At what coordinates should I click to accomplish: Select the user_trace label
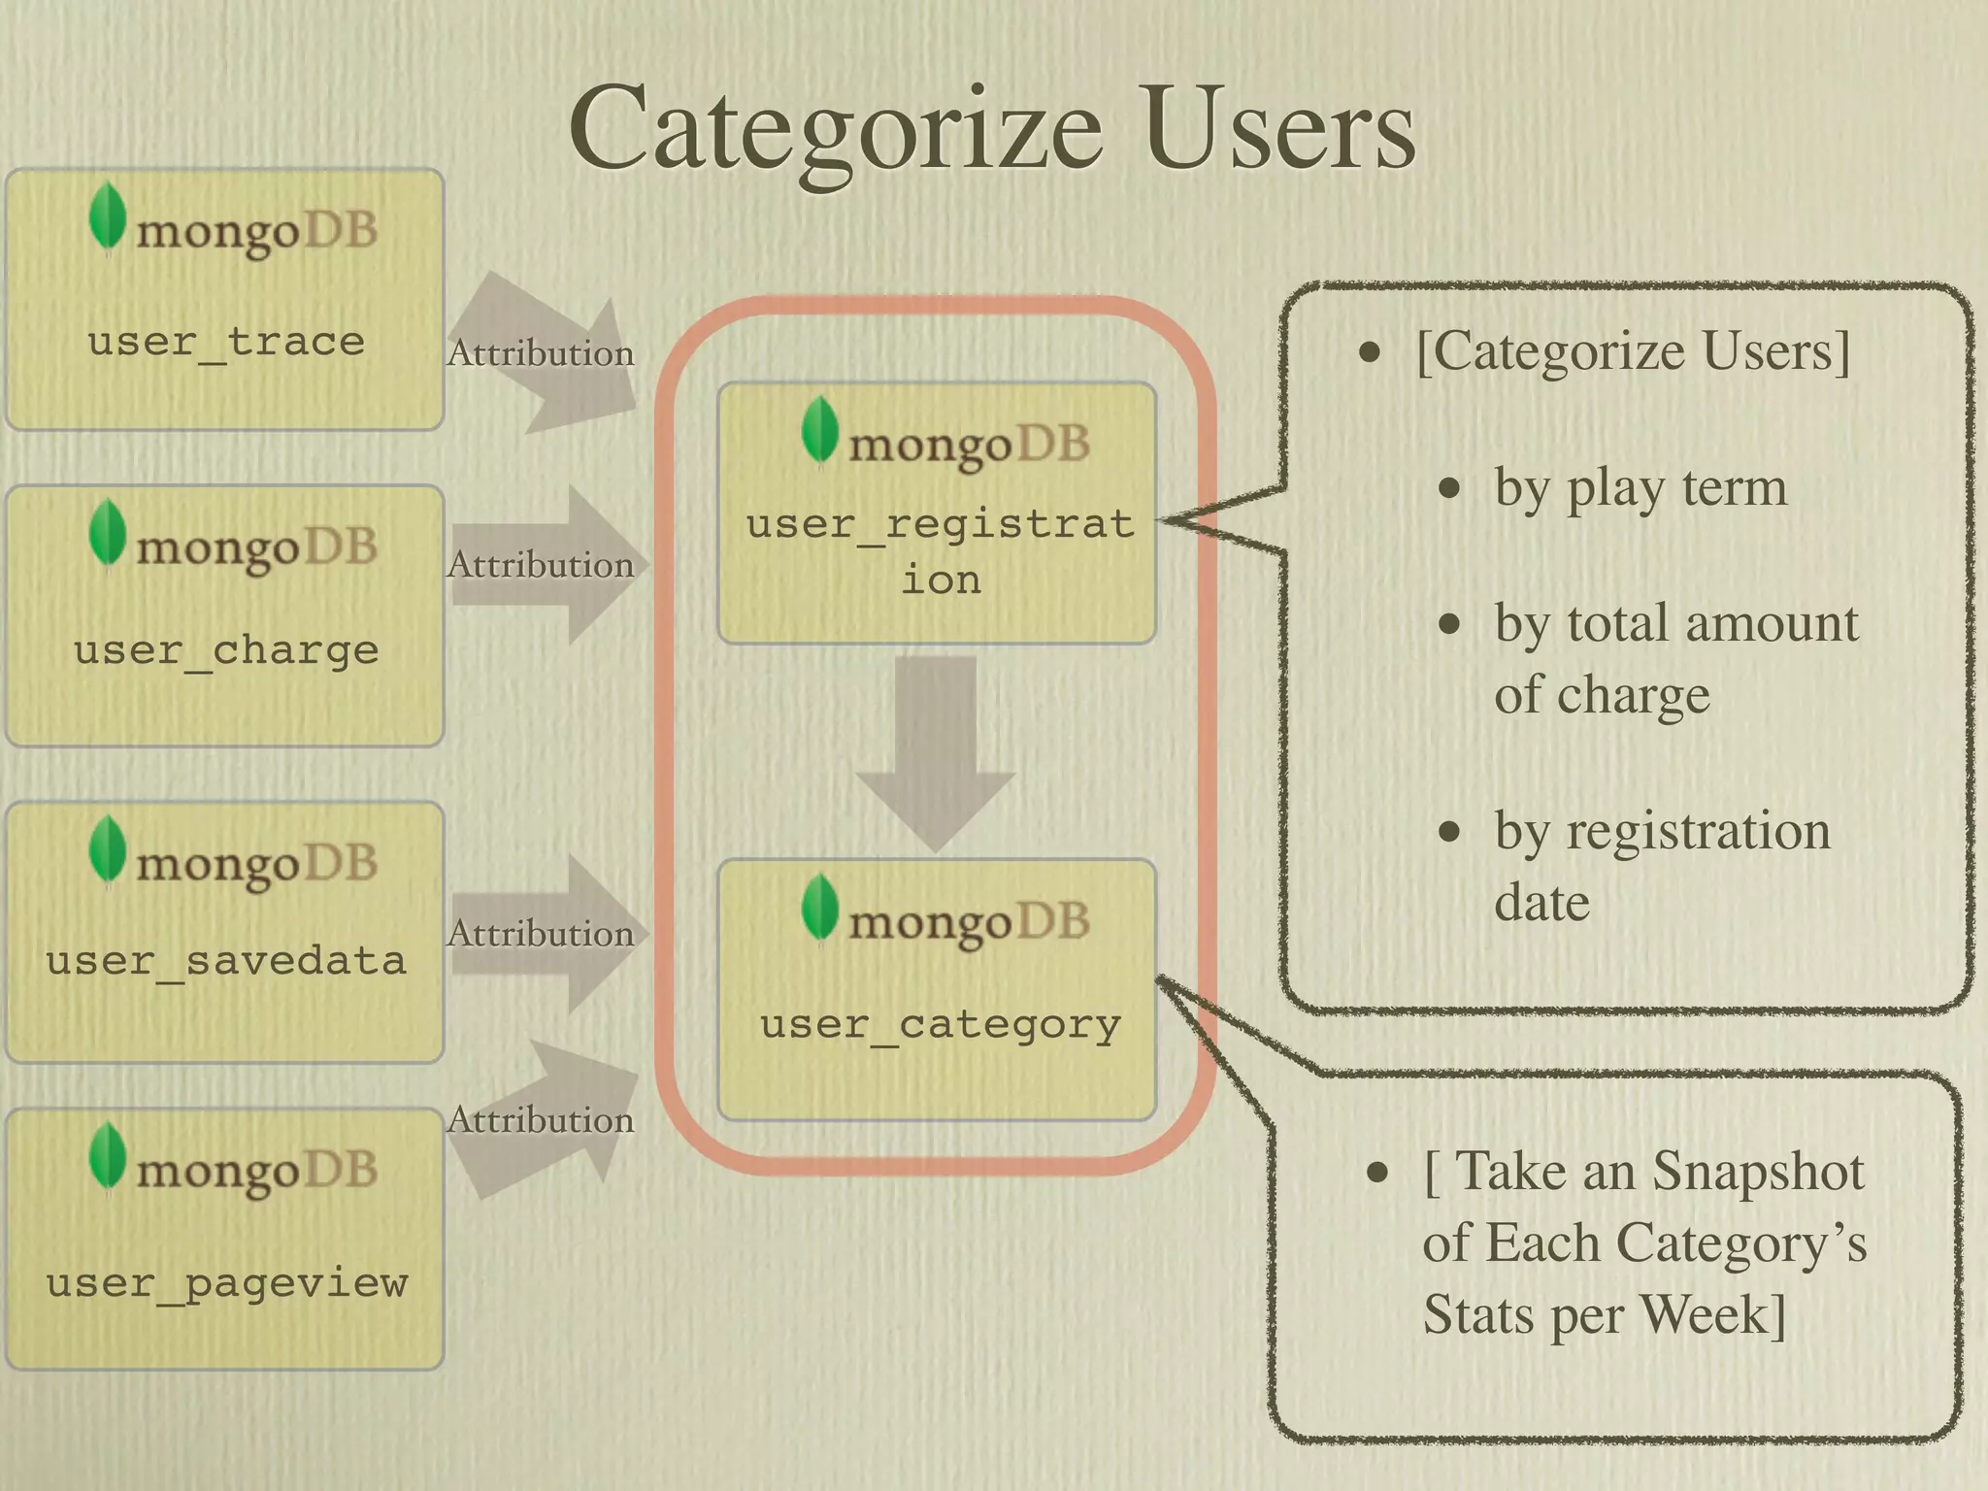tap(226, 342)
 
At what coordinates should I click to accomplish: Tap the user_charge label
tap(226, 649)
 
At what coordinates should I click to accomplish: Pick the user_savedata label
tap(226, 960)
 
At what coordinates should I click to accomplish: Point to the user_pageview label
tap(226, 1283)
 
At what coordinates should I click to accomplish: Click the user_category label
tap(940, 1024)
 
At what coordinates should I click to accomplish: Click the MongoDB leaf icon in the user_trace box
tap(107, 217)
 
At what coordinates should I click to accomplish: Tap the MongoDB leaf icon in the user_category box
tap(820, 908)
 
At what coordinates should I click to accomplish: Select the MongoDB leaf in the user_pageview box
tap(107, 1157)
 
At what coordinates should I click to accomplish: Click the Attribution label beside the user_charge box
tap(541, 565)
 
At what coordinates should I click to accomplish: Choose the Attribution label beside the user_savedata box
tap(541, 934)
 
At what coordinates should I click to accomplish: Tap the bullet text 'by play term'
tap(1640, 488)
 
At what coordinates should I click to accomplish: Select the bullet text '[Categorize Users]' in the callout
tap(1633, 351)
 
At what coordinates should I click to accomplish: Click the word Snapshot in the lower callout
tap(1758, 1171)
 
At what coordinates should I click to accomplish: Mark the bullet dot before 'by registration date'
tap(1449, 832)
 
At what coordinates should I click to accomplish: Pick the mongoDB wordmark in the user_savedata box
tap(256, 865)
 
